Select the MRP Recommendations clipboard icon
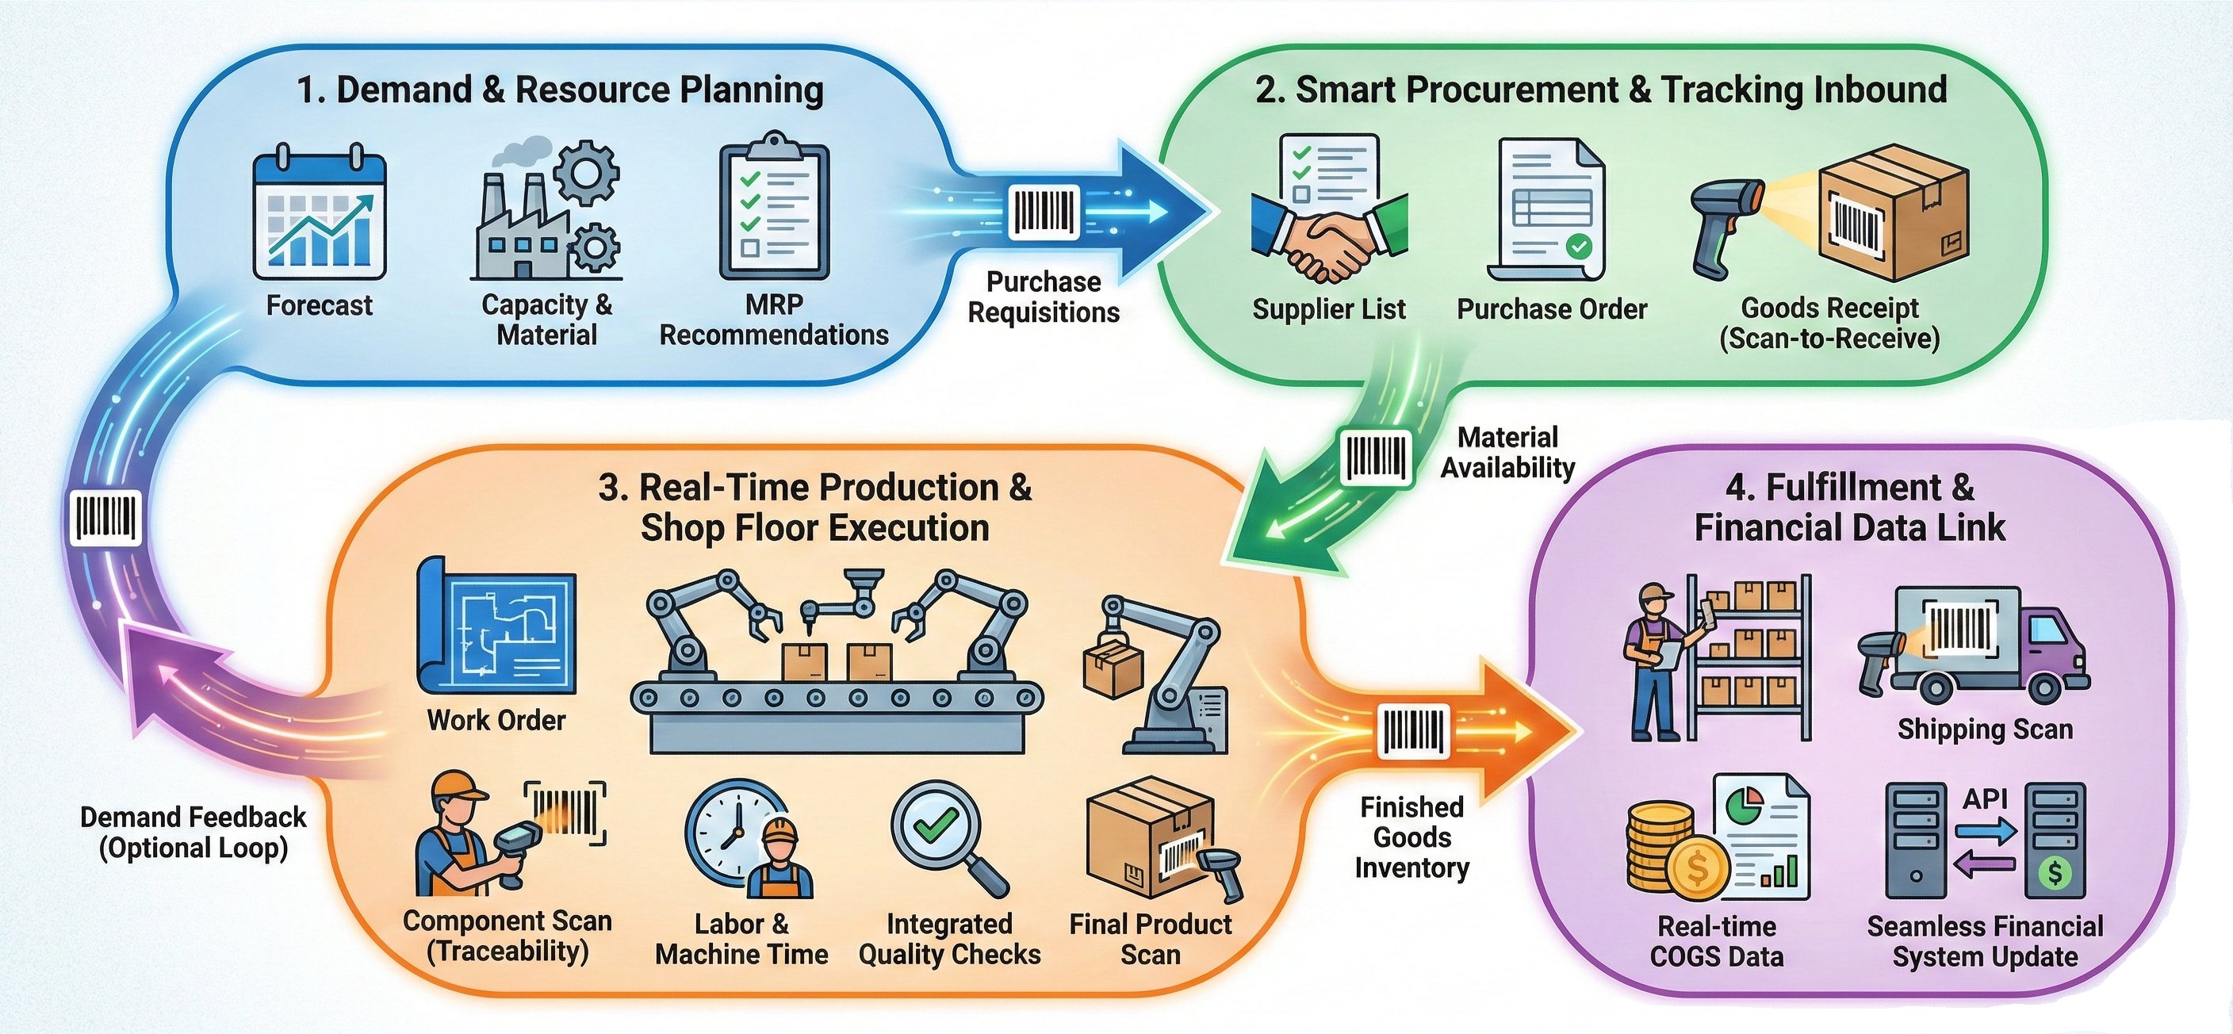(x=773, y=208)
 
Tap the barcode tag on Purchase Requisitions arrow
(x=1044, y=211)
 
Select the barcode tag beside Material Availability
(x=1376, y=457)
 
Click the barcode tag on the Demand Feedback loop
(x=105, y=519)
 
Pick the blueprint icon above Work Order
(x=496, y=626)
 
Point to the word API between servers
(x=1985, y=798)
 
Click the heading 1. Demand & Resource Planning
(x=560, y=90)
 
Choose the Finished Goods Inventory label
(x=1412, y=837)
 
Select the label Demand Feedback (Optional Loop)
(x=193, y=832)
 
